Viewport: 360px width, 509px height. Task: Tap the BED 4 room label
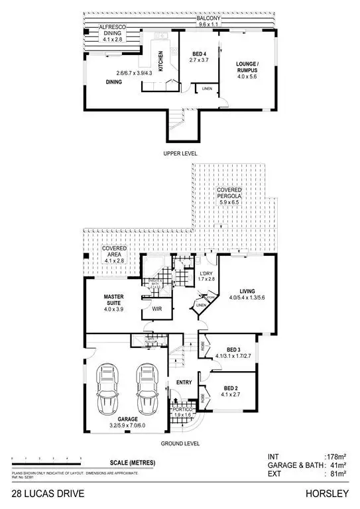pos(201,56)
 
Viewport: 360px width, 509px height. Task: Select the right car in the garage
pos(148,387)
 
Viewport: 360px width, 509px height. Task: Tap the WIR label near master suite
pos(157,309)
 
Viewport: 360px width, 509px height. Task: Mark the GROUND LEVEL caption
pos(181,444)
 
